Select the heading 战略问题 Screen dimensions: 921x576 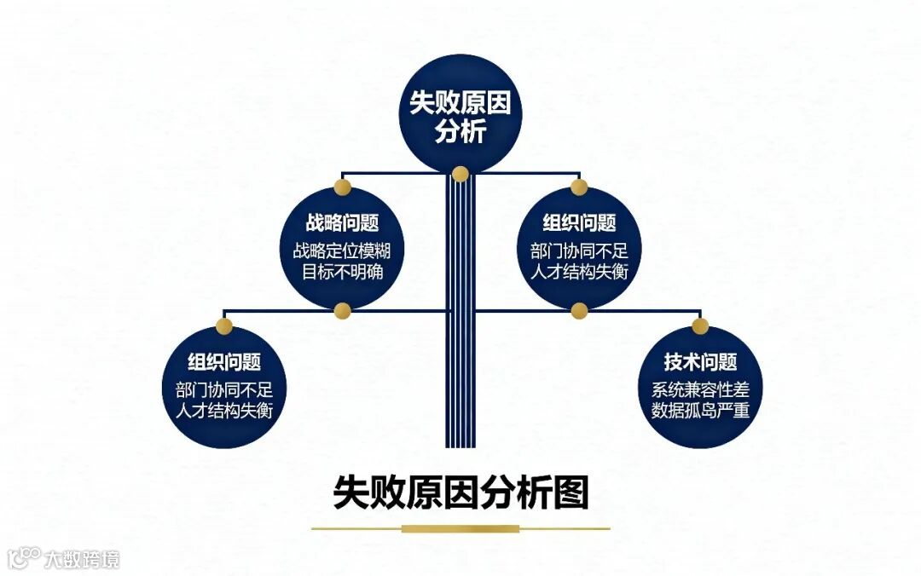342,223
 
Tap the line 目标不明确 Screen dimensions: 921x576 342,273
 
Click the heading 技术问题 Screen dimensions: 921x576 700,362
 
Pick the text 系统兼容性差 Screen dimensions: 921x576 700,390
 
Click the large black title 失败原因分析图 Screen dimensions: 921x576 460,492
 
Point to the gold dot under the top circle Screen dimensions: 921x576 460,175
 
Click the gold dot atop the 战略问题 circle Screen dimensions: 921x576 342,187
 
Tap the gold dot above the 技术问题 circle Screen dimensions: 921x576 700,325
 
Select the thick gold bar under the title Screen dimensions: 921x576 460,528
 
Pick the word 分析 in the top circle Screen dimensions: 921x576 460,132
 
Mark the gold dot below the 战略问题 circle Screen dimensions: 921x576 342,309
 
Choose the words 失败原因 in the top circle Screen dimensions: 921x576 460,103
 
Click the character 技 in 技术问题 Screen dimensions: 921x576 674,362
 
